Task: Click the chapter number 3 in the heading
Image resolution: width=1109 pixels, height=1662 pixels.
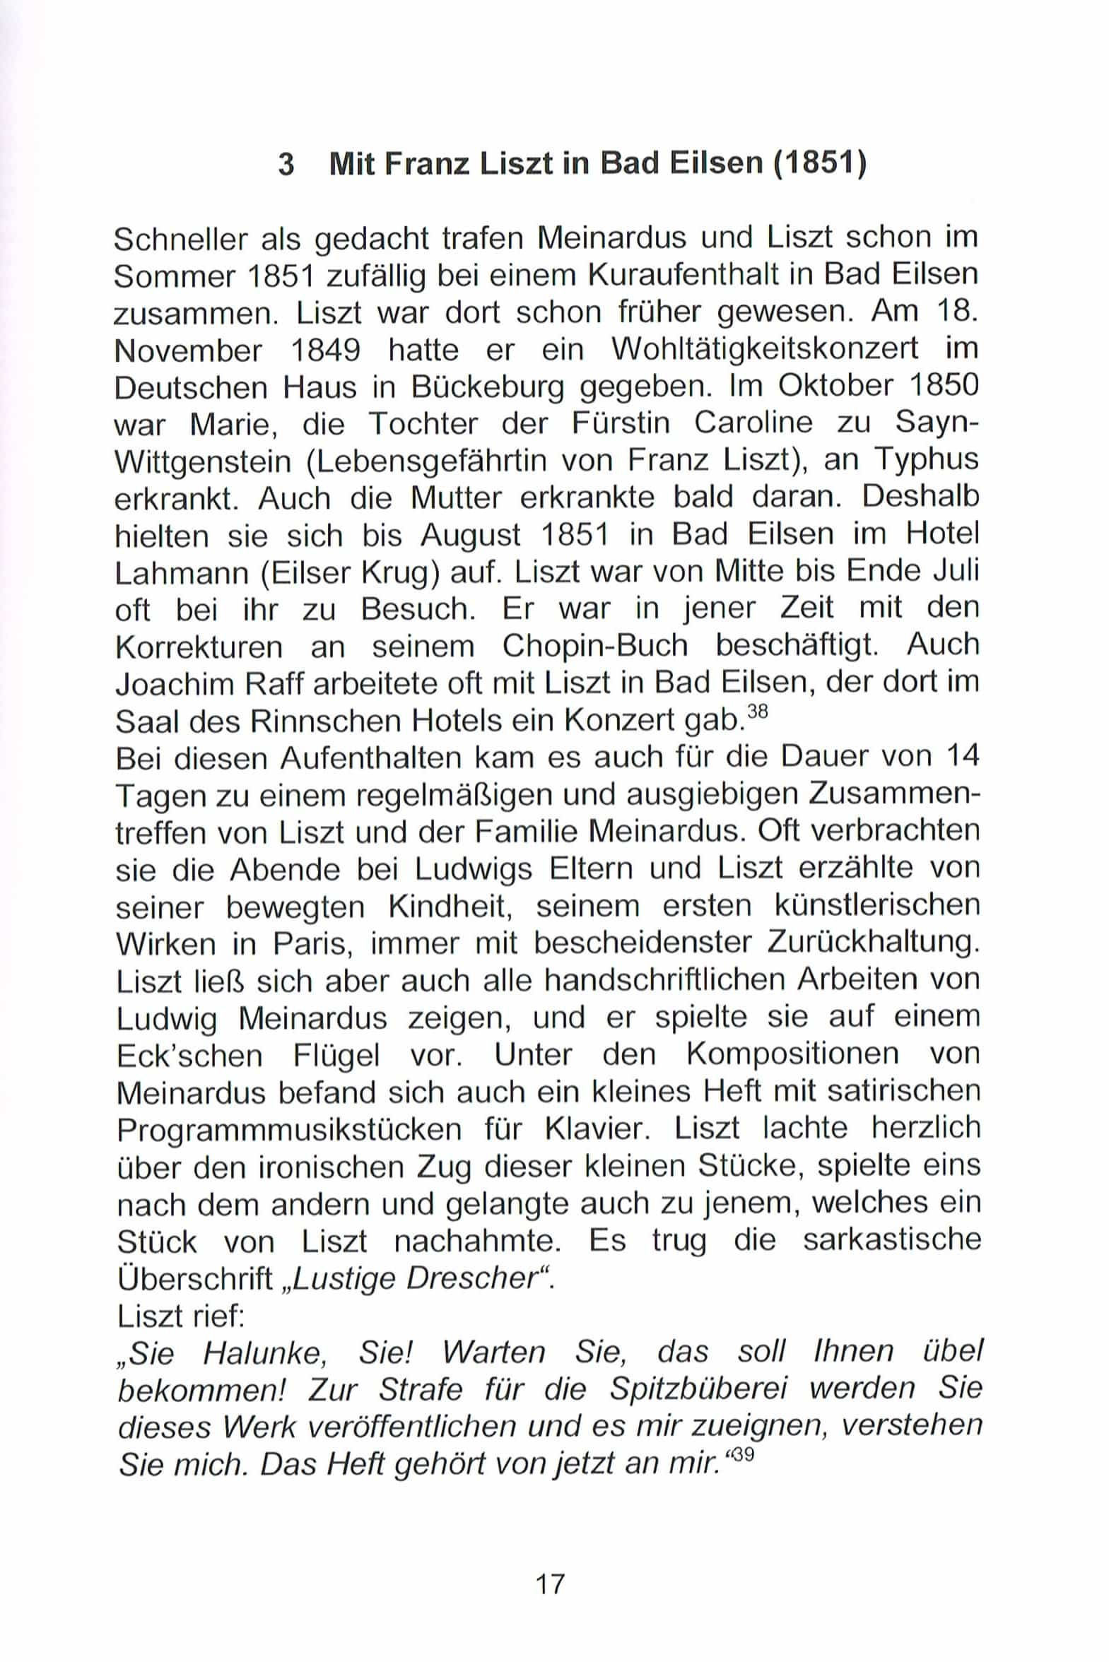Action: pyautogui.click(x=286, y=165)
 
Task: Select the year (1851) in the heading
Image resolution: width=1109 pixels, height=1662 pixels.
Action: pyautogui.click(x=820, y=164)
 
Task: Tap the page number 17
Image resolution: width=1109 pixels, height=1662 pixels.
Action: pyautogui.click(x=550, y=1584)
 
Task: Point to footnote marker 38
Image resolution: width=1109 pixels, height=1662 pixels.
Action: pyautogui.click(x=757, y=712)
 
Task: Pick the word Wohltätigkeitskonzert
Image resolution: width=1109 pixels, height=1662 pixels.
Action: pyautogui.click(x=764, y=349)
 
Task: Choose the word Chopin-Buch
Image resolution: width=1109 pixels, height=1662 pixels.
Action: pyautogui.click(x=595, y=646)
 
